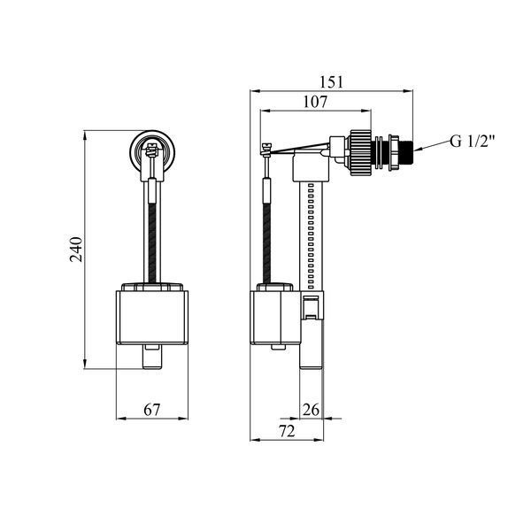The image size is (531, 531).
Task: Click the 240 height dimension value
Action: (76, 250)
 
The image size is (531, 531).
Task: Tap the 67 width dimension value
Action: (151, 410)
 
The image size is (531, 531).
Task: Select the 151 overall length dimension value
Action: (331, 82)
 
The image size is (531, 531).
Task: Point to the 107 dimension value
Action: (315, 102)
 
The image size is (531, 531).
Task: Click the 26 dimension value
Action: (311, 410)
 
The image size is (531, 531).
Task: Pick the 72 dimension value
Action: (287, 431)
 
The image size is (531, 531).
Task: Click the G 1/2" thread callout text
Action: (473, 142)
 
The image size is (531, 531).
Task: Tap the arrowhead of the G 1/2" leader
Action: (417, 149)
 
